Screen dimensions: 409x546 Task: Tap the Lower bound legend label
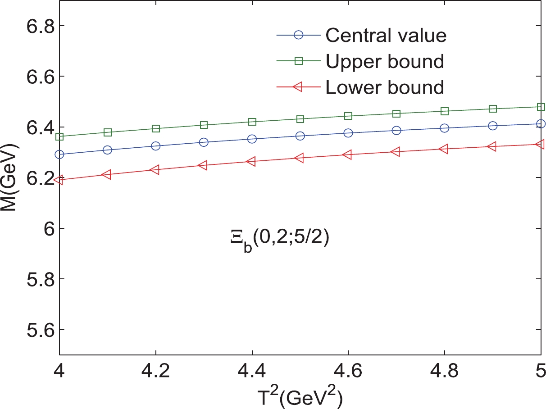click(385, 86)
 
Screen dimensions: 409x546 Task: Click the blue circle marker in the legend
click(298, 35)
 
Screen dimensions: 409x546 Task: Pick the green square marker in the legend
click(298, 60)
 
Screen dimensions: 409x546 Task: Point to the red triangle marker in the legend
click(298, 86)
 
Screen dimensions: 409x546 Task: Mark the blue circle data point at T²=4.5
click(300, 136)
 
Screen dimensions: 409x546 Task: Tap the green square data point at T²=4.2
click(156, 129)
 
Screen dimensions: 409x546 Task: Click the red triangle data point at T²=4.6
click(348, 155)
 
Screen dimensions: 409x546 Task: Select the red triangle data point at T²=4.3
click(203, 165)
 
